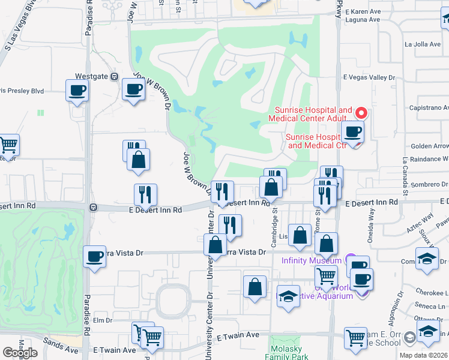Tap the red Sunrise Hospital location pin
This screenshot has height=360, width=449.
pos(361,113)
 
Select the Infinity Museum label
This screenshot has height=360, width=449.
pos(311,260)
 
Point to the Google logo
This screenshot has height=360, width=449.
pos(20,353)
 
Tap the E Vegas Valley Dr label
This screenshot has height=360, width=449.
pos(369,77)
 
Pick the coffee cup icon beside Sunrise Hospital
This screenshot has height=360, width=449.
pos(352,132)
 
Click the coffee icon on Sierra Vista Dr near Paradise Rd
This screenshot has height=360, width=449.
pos(94,257)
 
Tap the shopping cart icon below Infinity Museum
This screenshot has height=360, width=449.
pos(326,277)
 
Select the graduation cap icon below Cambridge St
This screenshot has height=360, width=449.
pos(288,297)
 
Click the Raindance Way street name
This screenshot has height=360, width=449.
pos(427,160)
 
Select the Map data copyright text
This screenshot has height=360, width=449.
pos(424,355)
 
